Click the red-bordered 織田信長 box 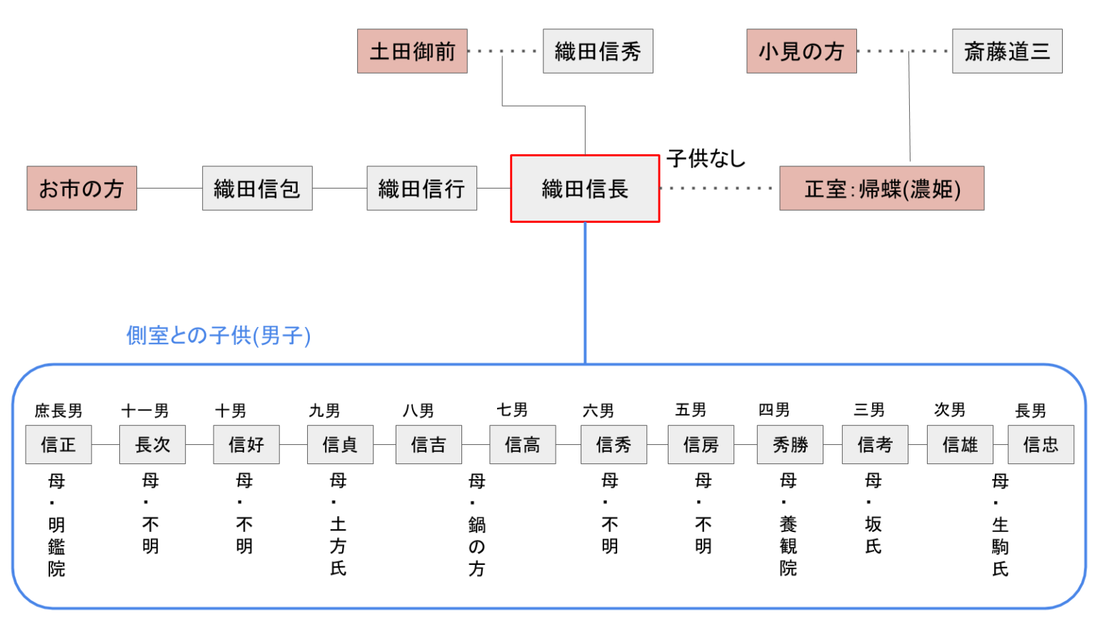584,189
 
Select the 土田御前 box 412,51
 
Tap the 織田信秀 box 598,51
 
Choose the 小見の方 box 801,51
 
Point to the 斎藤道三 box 1007,51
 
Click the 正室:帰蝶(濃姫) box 881,189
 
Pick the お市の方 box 81,189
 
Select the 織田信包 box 257,189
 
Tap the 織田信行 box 421,189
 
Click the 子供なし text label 706,158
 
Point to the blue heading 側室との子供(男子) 219,335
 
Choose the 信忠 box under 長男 1041,445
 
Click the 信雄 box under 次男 960,445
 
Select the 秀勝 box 790,445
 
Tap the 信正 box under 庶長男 59,445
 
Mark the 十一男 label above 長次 145,411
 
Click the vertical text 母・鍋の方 477,525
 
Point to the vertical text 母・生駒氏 1000,525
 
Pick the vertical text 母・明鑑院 56,525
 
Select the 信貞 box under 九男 340,445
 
